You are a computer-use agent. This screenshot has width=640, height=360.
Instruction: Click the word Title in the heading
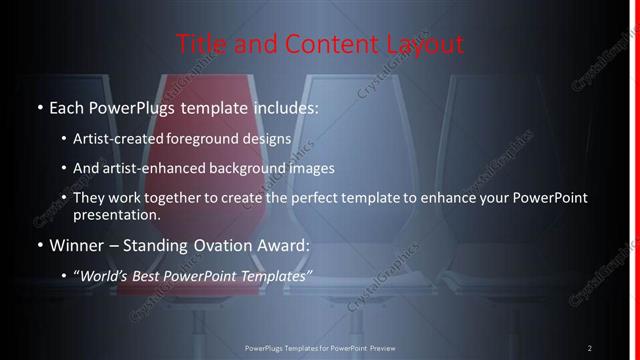click(198, 44)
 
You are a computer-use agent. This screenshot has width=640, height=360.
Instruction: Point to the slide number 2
click(589, 348)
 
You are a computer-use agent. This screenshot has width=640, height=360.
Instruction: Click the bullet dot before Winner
click(38, 245)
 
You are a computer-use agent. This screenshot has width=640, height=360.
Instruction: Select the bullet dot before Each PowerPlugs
click(38, 107)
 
